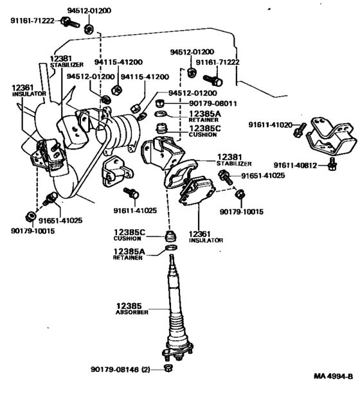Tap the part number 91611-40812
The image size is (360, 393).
295,166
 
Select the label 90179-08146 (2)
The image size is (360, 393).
120,369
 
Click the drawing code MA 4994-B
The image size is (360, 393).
334,376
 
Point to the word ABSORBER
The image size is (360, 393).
132,312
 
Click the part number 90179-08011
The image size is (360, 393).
213,103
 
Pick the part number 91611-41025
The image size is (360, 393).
135,210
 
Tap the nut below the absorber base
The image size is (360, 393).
168,369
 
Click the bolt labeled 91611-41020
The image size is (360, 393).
300,129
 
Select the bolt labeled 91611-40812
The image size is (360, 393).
332,164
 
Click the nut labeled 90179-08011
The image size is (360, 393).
160,103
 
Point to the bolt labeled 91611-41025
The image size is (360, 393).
131,193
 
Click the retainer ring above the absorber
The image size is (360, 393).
172,248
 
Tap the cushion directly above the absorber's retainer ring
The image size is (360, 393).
172,236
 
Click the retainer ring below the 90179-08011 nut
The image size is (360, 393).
161,114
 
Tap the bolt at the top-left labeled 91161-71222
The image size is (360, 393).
70,22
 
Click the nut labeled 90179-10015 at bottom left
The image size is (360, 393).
30,216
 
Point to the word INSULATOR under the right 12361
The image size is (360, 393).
206,240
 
